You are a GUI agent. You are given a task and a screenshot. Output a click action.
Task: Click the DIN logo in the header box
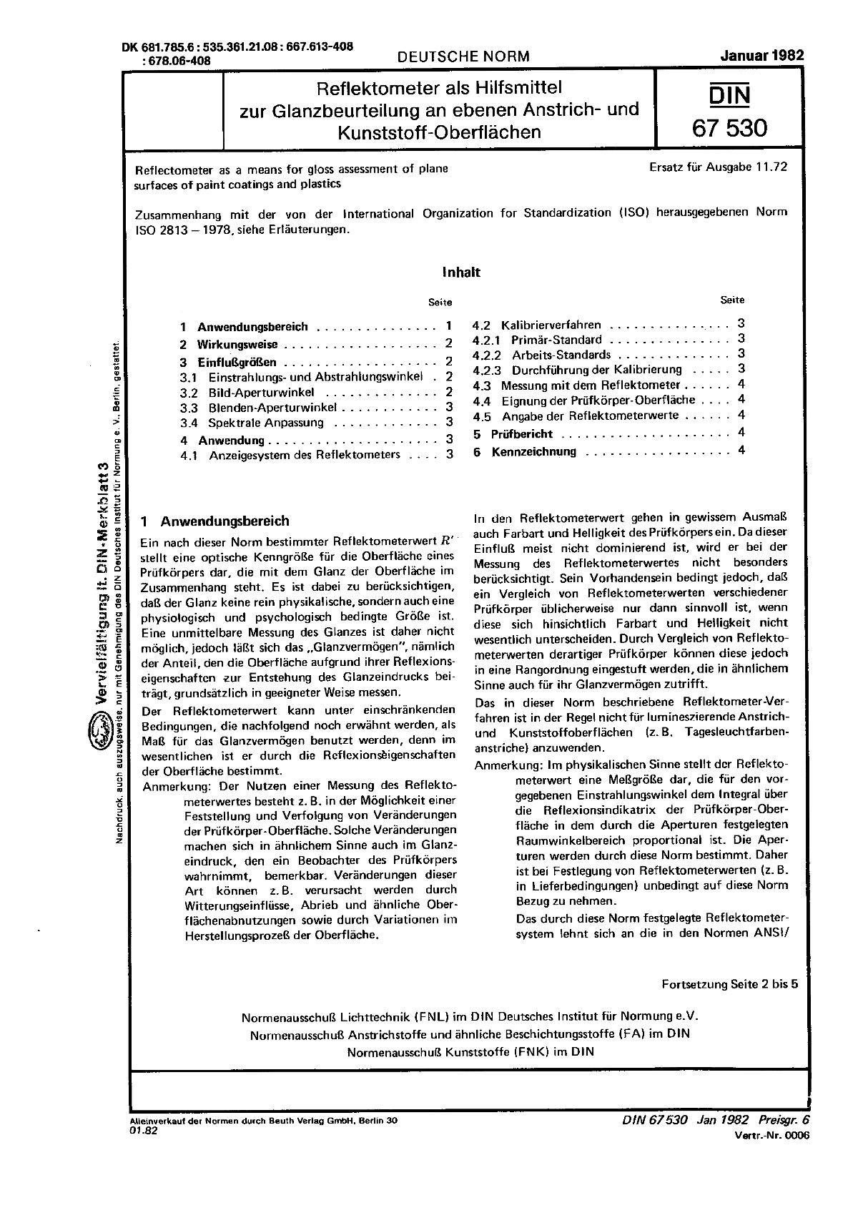729,96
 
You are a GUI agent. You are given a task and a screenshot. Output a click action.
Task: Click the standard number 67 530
729,128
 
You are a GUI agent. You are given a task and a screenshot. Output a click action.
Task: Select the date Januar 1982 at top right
762,56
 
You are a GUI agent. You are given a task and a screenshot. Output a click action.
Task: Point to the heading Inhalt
461,272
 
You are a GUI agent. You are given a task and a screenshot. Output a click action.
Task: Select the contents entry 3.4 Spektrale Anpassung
265,423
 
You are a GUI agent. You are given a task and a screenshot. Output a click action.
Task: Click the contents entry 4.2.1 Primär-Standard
556,340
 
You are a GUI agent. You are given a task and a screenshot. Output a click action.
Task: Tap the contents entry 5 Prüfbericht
522,434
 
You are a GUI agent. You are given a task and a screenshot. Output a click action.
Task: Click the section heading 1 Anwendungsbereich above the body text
215,521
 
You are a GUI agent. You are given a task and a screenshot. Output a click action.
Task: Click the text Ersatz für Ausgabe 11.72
718,168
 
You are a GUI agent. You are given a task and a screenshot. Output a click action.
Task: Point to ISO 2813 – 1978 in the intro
179,231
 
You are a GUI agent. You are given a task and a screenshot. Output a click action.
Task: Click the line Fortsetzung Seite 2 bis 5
729,984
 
